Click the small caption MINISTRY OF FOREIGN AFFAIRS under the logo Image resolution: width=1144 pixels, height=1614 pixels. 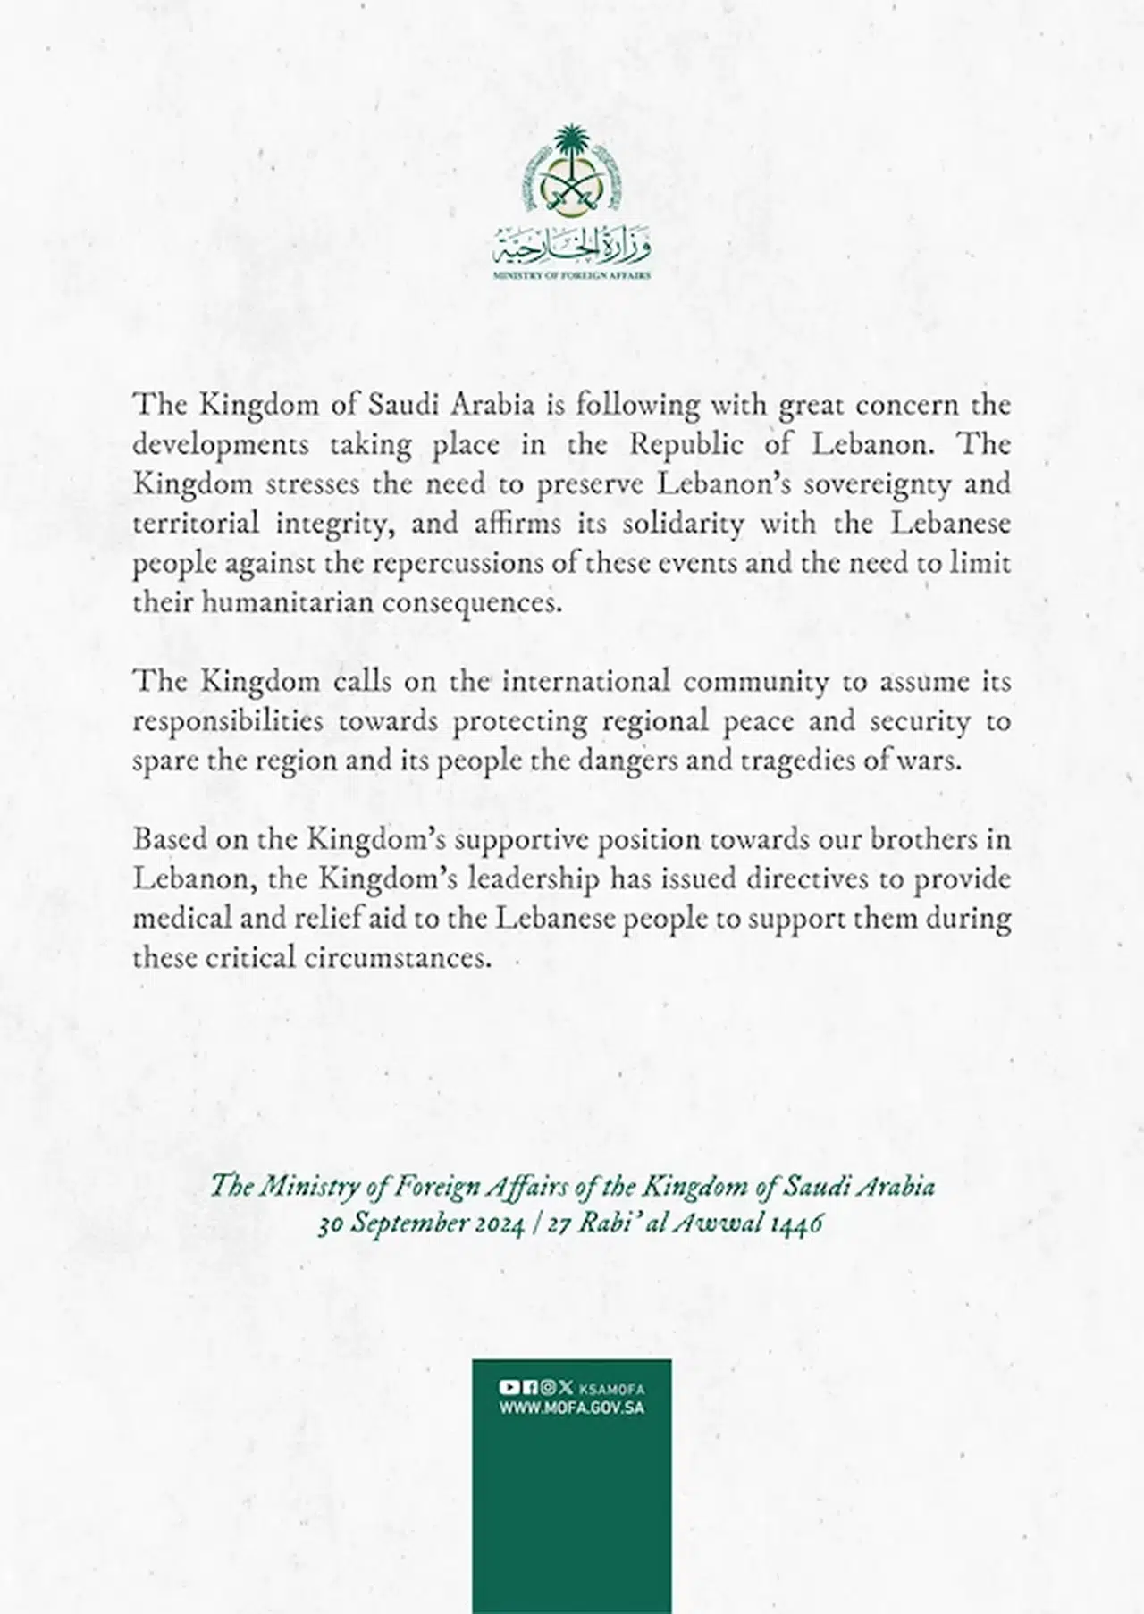coord(572,276)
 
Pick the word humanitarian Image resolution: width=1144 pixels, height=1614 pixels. coord(287,602)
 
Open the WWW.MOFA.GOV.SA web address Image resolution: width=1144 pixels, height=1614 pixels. coord(572,1408)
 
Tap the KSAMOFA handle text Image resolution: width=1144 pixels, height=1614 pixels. coord(612,1389)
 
